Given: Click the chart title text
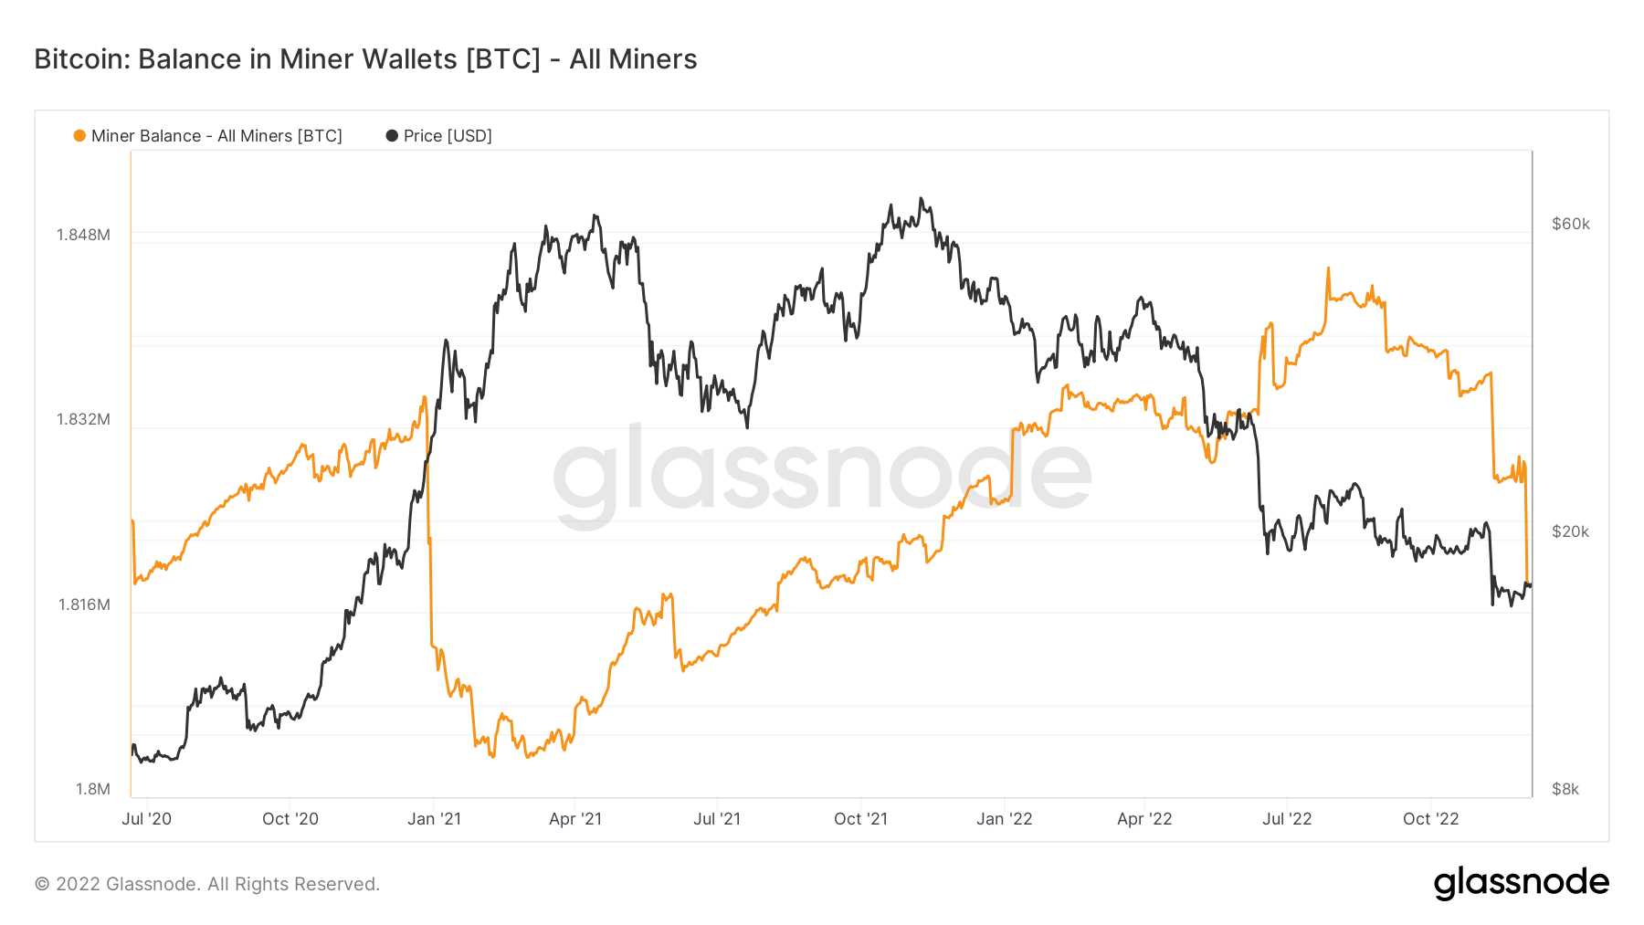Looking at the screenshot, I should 365,59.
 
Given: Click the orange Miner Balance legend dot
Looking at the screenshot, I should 79,136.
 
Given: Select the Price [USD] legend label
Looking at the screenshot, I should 448,136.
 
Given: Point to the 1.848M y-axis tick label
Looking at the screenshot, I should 83,235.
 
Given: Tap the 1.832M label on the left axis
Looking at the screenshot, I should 83,419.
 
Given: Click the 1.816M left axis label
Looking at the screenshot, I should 84,604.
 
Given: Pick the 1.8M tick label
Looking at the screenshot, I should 92,789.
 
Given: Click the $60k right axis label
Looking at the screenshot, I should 1570,224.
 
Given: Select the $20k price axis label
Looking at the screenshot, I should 1570,531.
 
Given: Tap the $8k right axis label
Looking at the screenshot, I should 1565,789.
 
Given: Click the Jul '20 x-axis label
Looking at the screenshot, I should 146,819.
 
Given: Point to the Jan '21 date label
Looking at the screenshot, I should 434,819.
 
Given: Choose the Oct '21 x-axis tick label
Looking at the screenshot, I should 860,819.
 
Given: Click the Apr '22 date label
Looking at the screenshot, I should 1144,819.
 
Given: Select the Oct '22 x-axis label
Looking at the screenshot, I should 1430,819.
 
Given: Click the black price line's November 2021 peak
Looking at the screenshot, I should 921,198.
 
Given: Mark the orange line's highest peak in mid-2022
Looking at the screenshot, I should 1328,268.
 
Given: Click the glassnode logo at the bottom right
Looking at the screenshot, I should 1521,883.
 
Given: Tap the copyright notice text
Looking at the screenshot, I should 207,884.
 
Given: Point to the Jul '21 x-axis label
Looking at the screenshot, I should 717,819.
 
